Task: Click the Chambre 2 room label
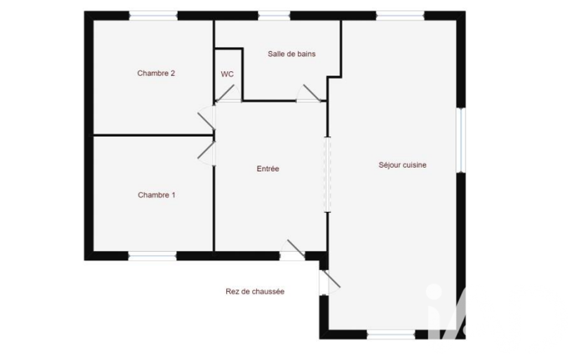[156, 73]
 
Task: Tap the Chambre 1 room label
[156, 195]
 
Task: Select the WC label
[227, 74]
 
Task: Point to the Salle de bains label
[291, 54]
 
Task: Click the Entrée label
[268, 168]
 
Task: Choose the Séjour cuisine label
[402, 165]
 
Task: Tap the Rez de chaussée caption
[255, 291]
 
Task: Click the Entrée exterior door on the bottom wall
[293, 250]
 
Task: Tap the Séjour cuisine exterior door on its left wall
[329, 282]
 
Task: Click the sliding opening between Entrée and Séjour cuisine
[328, 174]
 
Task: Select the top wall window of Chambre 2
[153, 16]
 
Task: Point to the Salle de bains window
[274, 16]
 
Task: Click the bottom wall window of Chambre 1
[152, 256]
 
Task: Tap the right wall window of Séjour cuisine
[461, 140]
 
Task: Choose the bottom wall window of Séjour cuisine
[391, 335]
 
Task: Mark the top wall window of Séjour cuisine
[400, 16]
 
